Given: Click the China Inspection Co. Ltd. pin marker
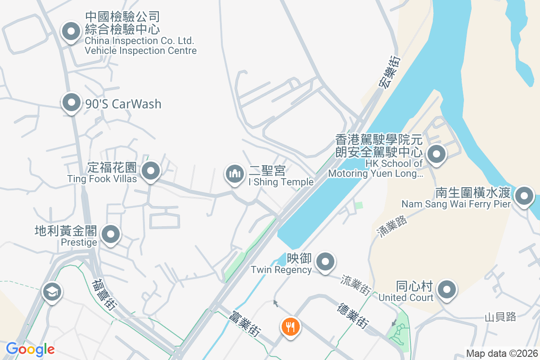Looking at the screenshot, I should point(71,32).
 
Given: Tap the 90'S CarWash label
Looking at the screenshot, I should point(123,104).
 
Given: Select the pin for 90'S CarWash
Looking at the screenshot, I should point(71,103).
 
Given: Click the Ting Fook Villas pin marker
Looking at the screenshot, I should point(151,171).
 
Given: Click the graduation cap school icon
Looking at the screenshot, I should point(52,292).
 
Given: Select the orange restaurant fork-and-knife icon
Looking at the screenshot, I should point(291,327).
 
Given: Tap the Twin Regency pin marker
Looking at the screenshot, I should point(325,262).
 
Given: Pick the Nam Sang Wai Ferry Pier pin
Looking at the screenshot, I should point(524,197).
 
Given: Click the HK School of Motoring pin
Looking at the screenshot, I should point(436,155).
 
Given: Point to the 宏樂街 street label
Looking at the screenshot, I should point(388,72).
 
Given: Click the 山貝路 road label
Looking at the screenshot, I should point(500,317).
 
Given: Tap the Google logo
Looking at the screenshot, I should point(30,349).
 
